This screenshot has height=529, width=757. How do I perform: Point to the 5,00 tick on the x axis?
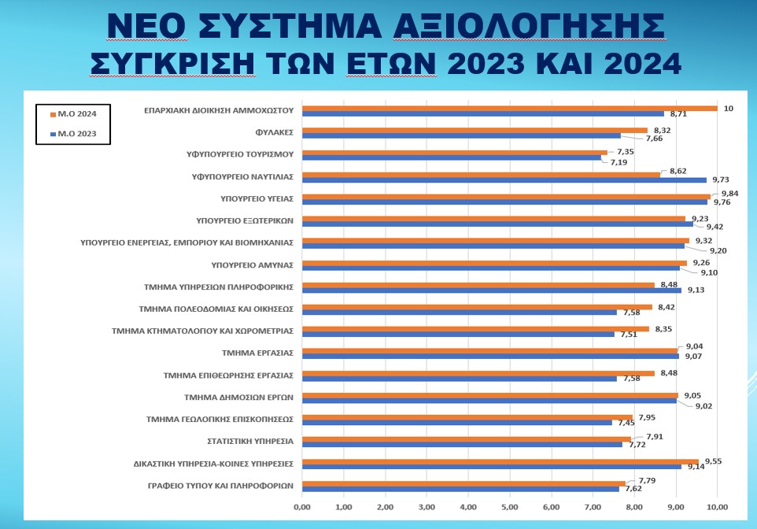[x=509, y=506]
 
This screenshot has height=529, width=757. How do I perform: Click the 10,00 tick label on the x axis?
[x=718, y=506]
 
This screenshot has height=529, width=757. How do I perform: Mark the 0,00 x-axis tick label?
[x=302, y=506]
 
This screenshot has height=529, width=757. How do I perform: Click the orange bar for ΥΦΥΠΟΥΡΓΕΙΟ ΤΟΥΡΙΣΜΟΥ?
[x=455, y=153]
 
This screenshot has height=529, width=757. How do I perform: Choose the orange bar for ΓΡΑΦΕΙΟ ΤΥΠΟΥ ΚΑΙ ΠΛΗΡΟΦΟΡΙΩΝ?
[x=463, y=483]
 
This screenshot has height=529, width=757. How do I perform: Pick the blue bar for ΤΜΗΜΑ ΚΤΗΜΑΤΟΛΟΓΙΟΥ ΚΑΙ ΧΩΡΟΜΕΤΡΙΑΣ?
[x=458, y=335]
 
